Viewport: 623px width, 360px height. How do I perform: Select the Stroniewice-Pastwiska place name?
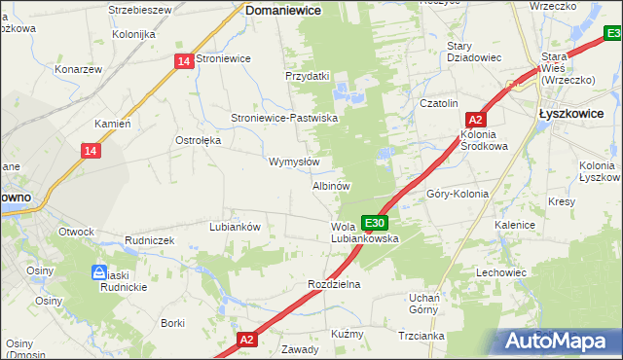[x=283, y=118]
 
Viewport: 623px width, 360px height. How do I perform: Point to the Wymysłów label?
[x=294, y=162]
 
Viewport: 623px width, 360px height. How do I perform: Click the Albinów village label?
[x=331, y=185]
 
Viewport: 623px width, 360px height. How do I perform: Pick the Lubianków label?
[x=235, y=227]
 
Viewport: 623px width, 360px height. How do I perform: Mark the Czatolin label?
[x=437, y=103]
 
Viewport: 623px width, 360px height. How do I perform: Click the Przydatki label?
[x=308, y=76]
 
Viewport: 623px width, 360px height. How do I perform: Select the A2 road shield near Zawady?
[x=247, y=340]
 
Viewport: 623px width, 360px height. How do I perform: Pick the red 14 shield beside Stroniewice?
[x=184, y=60]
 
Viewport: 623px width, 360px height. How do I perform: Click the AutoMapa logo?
[x=559, y=341]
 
